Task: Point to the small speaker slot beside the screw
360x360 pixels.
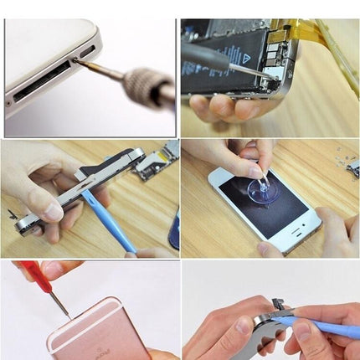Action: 87,52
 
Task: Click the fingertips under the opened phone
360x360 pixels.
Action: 218,107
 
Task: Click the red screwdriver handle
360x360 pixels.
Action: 34,272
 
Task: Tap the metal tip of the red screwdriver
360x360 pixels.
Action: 60,305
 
